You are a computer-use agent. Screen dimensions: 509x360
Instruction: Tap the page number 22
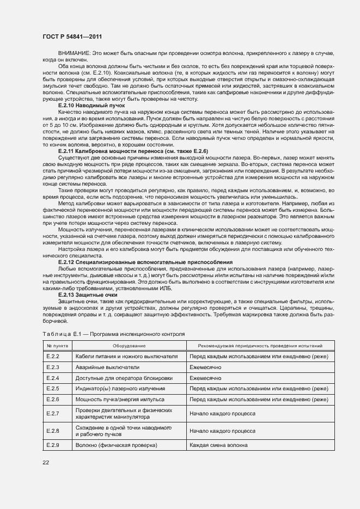pyautogui.click(x=45, y=463)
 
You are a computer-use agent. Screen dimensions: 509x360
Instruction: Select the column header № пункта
pyautogui.click(x=57, y=346)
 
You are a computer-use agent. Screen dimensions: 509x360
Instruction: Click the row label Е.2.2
pyautogui.click(x=53, y=356)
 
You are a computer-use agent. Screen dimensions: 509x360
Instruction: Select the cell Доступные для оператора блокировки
pyautogui.click(x=124, y=378)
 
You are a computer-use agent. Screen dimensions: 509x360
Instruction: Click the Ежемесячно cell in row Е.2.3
pyautogui.click(x=205, y=367)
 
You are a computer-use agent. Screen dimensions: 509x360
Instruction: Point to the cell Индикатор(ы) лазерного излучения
pyautogui.click(x=120, y=389)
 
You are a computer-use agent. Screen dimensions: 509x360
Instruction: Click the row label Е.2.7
pyautogui.click(x=53, y=414)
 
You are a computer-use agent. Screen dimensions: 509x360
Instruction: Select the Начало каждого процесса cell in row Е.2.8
pyautogui.click(x=222, y=431)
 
